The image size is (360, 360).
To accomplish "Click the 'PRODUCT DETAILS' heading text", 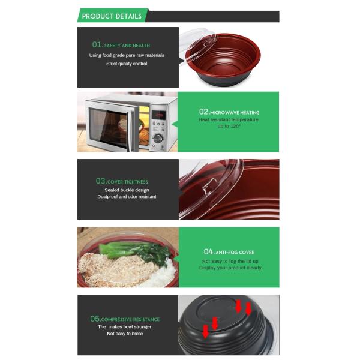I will point(112,16).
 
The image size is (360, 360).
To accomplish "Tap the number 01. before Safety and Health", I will point(97,44).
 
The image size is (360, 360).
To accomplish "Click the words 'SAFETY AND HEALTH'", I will point(127,46).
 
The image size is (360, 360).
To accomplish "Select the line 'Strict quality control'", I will point(127,64).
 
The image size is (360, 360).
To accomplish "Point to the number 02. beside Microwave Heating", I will point(204,112).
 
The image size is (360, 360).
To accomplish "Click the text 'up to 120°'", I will point(229,127).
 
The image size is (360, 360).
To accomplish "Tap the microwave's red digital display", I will point(159,114).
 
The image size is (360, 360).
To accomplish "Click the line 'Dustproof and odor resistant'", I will point(127,197).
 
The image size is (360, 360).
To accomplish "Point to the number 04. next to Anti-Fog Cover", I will point(209,251).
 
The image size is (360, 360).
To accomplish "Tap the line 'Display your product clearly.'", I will point(231,268).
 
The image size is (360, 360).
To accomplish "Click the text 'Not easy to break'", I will point(125,334).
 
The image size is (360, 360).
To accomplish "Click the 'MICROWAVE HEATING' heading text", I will point(235,113).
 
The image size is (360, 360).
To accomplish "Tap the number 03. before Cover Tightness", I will point(101,181).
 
